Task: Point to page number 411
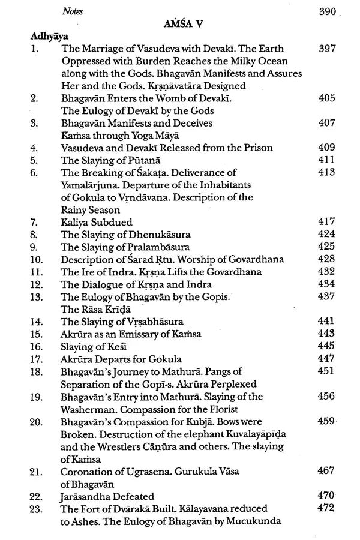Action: click(326, 160)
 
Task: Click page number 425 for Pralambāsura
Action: click(326, 247)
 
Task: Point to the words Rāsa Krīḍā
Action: click(109, 309)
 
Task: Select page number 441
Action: click(326, 322)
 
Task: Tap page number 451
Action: click(326, 371)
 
